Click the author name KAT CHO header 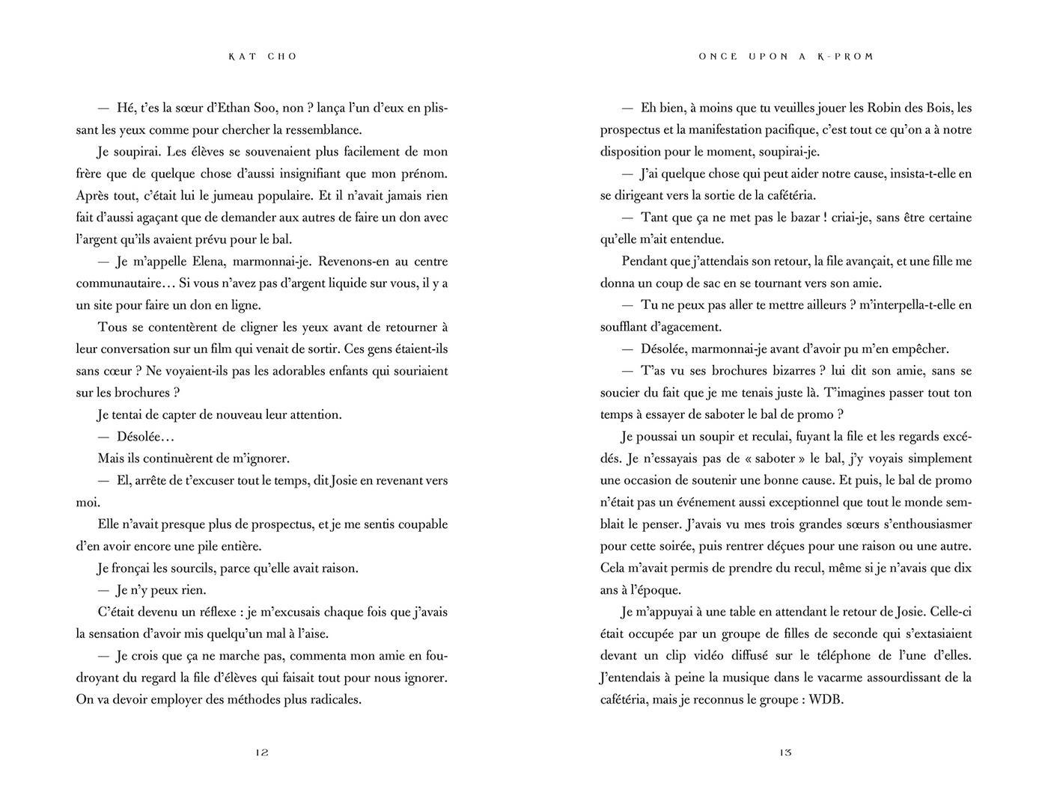(x=263, y=57)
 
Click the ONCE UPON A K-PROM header (x=786, y=57)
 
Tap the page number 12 (x=262, y=752)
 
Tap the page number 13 (x=785, y=752)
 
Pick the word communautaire (x=115, y=283)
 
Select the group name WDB (x=826, y=700)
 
